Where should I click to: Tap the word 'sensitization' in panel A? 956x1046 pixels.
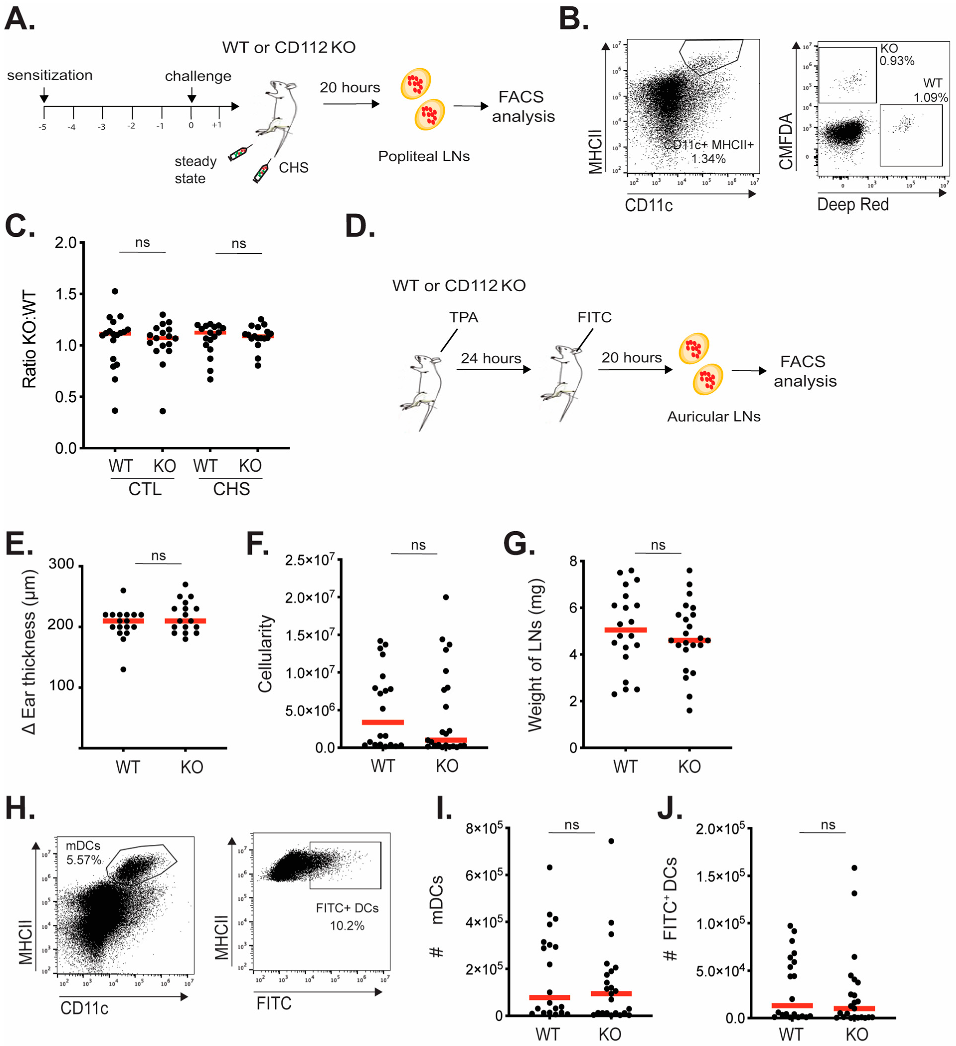pyautogui.click(x=50, y=76)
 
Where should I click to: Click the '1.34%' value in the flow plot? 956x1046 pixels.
pyautogui.click(x=709, y=159)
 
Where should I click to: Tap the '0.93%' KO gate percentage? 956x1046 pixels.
pyautogui.click(x=897, y=61)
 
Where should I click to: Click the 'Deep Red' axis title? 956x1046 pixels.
pyautogui.click(x=853, y=205)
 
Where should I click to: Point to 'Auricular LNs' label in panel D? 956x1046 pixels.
pyautogui.click(x=714, y=417)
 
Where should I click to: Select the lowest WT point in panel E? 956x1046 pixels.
pyautogui.click(x=123, y=669)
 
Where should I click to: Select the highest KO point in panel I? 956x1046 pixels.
pyautogui.click(x=611, y=841)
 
